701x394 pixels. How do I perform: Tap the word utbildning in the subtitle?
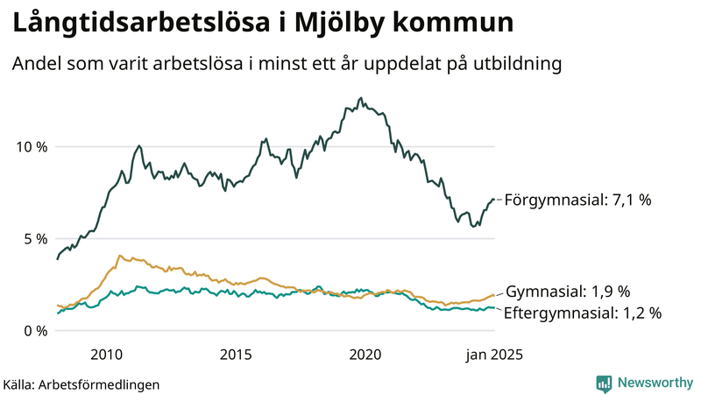coord(517,64)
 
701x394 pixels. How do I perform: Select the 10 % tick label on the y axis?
coord(32,146)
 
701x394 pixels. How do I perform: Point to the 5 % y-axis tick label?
coord(36,238)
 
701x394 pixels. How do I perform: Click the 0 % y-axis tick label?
coord(36,330)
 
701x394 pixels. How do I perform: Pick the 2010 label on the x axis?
coord(106,354)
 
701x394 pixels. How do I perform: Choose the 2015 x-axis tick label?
coord(236,354)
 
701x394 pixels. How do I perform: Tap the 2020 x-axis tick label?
coord(365,354)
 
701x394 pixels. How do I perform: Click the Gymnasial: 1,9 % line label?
coord(569,292)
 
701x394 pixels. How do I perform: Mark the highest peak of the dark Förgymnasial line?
coord(361,98)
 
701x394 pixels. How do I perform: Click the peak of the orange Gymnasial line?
coord(120,256)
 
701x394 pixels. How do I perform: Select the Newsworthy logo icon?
coord(604,383)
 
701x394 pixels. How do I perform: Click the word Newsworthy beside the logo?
coord(653,383)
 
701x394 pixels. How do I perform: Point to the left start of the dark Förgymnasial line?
coord(57,258)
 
